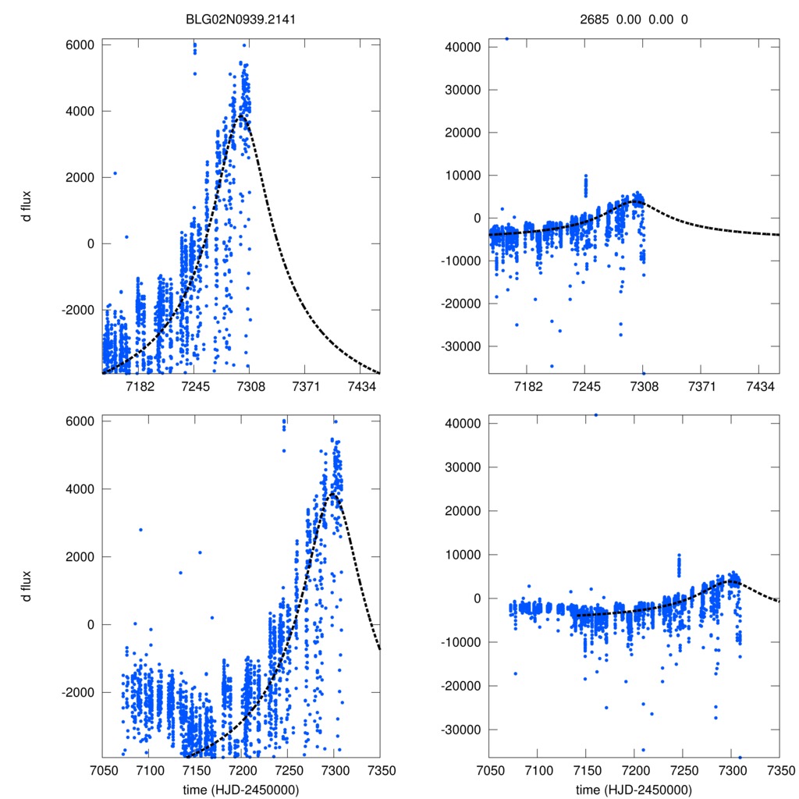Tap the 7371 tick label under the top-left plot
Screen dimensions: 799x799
(305, 387)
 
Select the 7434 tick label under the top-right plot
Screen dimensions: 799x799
(761, 387)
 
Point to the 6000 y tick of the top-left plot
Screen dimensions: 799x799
(80, 45)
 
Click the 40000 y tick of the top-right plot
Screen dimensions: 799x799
(463, 47)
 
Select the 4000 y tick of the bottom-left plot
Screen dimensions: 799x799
(80, 489)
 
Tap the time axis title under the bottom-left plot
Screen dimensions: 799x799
(241, 790)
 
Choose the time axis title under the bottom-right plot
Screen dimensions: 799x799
(634, 790)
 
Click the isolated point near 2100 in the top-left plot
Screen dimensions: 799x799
(115, 173)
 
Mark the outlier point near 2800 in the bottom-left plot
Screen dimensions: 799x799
(140, 530)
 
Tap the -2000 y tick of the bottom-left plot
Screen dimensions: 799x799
(78, 692)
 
